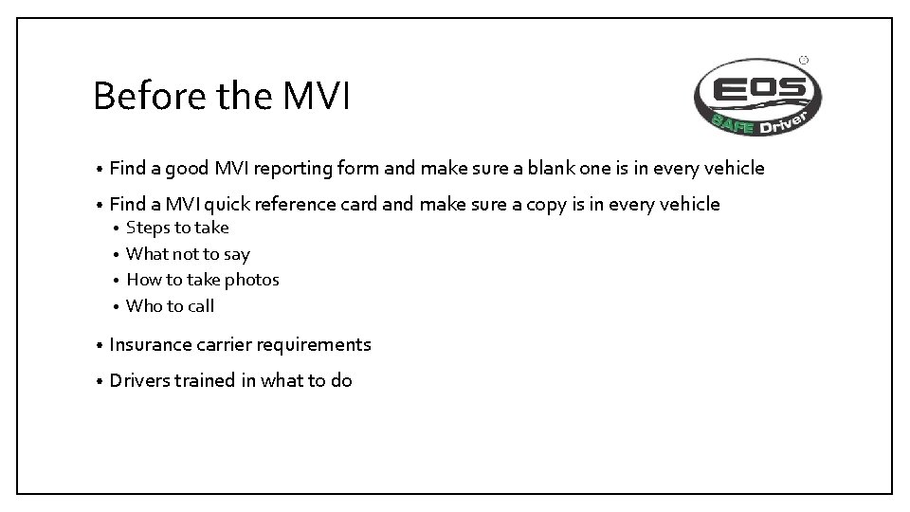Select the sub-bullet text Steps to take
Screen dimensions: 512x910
tap(177, 228)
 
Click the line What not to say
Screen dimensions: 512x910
tap(188, 253)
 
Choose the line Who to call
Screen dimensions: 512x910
tap(170, 305)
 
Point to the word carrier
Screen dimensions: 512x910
tap(224, 344)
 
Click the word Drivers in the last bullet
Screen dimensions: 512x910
tap(138, 380)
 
